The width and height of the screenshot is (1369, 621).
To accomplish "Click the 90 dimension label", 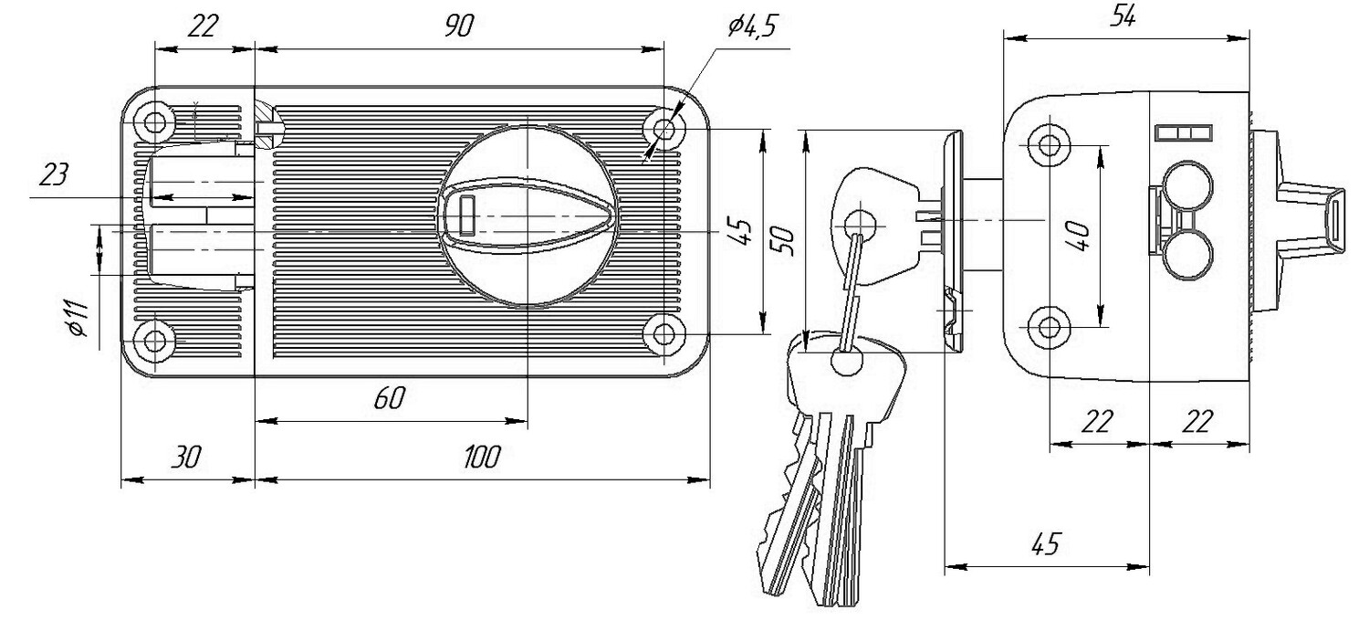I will coord(459,26).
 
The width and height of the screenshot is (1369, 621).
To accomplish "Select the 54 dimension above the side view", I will coord(1123,17).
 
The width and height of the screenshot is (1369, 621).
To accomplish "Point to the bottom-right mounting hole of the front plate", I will coord(665,334).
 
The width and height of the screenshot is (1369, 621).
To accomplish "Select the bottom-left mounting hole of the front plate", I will coord(157,341).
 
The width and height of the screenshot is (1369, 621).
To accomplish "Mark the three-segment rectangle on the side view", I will coord(1183,132).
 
